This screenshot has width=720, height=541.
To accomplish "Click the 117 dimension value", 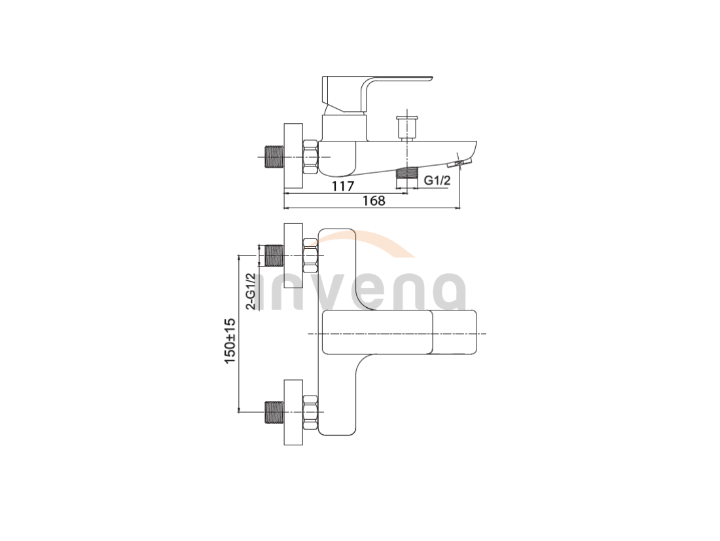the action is tap(344, 186).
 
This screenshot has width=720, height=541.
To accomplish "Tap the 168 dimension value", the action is tap(374, 201).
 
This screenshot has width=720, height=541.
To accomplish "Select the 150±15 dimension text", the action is tap(230, 341).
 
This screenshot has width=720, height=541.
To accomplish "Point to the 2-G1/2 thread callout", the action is tap(251, 291).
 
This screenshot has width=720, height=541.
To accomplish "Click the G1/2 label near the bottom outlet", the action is tap(437, 180).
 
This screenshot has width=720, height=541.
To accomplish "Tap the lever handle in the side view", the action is tap(376, 94).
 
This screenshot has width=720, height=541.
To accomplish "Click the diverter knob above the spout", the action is tap(407, 127).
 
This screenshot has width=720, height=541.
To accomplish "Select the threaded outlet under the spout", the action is tap(407, 172).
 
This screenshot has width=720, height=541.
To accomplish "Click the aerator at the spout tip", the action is tap(459, 162).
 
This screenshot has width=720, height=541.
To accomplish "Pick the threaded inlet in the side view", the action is tap(275, 157).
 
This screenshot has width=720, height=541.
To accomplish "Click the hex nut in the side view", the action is tap(310, 157).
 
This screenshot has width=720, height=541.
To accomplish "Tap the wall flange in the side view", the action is tap(293, 156).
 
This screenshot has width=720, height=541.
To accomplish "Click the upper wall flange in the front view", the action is tap(293, 256).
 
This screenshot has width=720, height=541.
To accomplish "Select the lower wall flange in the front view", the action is tap(293, 413).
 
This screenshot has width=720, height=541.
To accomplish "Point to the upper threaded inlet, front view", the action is tap(275, 255).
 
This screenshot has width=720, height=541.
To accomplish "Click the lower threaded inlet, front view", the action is tap(275, 413).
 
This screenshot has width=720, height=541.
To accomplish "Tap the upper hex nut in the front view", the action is tap(310, 256).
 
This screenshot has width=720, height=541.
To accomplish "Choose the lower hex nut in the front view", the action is tap(310, 413).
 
